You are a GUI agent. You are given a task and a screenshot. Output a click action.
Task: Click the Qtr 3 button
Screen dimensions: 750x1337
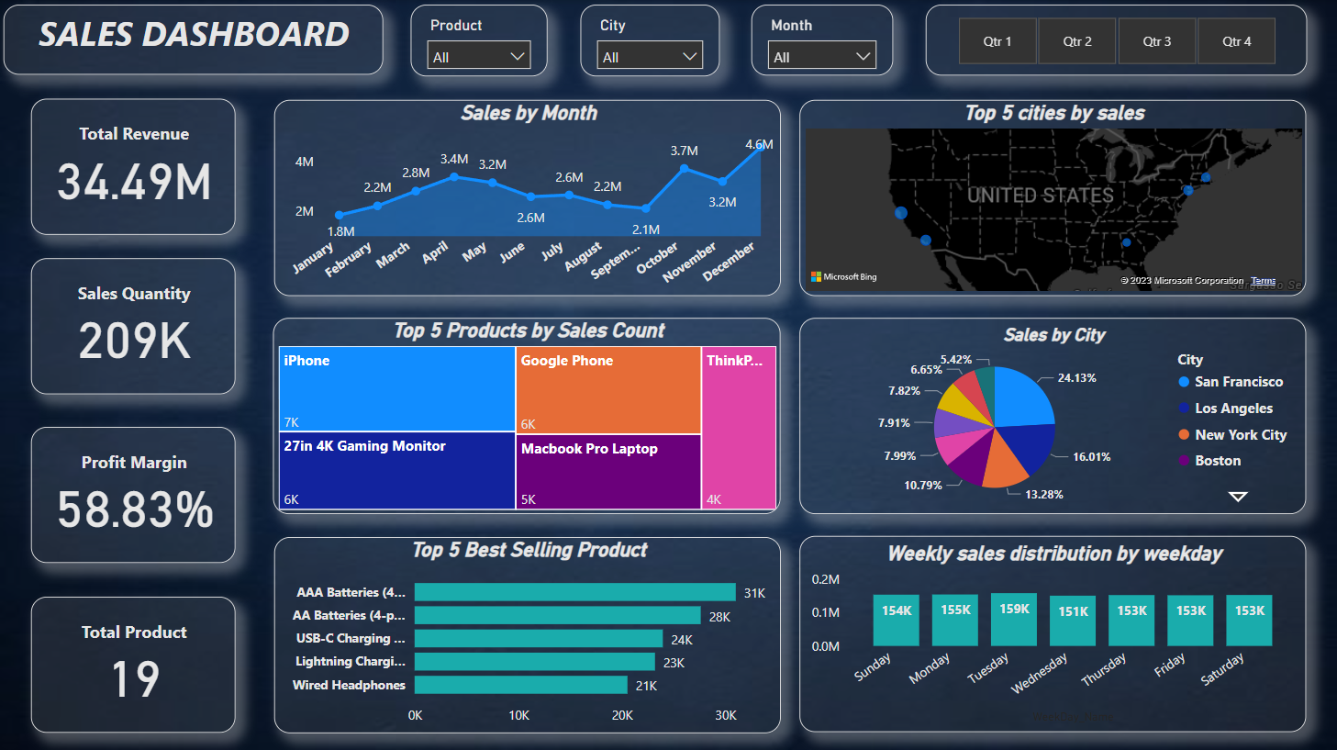1156,41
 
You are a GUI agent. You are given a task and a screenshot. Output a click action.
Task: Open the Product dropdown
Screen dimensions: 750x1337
479,56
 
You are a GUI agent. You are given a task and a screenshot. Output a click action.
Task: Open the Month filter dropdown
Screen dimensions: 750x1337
821,56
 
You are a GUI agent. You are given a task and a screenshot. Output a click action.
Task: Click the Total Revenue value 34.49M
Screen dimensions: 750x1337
134,182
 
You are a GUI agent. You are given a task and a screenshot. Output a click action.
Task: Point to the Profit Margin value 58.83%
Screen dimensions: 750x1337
135,510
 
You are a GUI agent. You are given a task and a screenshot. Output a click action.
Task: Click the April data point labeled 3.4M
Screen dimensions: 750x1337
454,176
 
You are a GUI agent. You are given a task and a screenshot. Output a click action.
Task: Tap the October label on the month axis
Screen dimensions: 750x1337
657,258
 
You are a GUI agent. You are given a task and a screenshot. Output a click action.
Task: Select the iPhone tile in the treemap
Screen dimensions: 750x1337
396,388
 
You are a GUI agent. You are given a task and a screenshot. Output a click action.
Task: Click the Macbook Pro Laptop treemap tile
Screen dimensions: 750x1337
607,471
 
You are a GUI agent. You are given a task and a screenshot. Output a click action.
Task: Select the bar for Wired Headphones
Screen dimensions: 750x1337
520,685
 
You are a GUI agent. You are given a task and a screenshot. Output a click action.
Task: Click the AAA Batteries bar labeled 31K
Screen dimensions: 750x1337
574,592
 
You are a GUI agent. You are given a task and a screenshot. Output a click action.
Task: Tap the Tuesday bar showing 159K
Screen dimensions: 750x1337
1014,621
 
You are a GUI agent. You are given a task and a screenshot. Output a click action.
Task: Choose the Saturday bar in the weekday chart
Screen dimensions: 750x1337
1249,621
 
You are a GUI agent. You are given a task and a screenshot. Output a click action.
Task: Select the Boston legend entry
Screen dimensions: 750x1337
1217,461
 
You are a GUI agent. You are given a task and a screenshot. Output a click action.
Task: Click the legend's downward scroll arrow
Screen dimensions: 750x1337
1238,497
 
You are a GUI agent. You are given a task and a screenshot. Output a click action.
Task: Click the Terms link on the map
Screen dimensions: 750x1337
1263,281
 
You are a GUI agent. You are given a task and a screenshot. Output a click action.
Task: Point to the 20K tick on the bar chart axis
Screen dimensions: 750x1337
622,715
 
